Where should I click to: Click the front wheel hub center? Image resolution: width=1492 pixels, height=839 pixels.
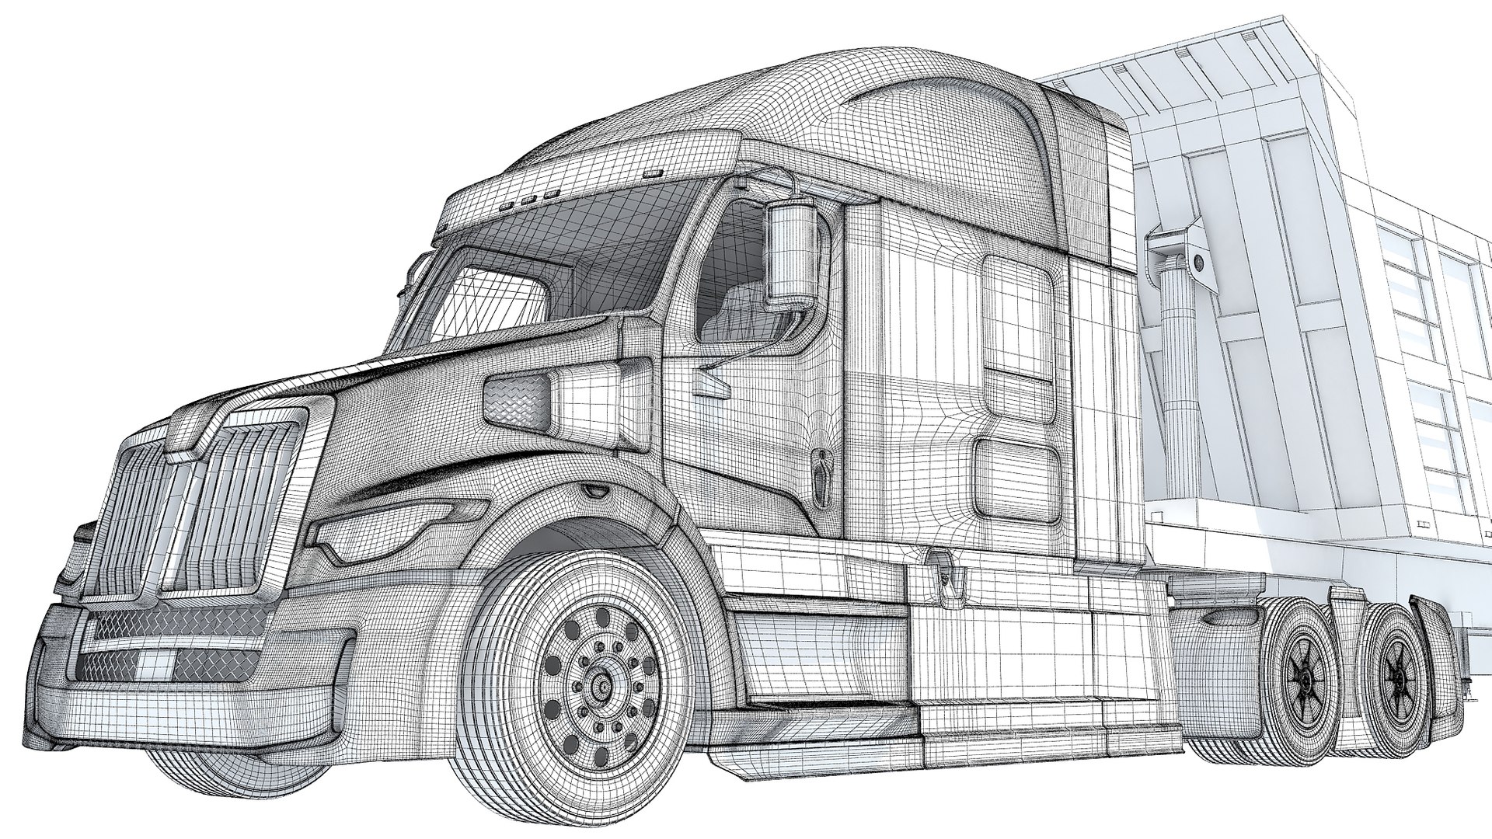pos(600,686)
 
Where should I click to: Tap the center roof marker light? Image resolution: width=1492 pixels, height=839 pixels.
pos(531,200)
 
